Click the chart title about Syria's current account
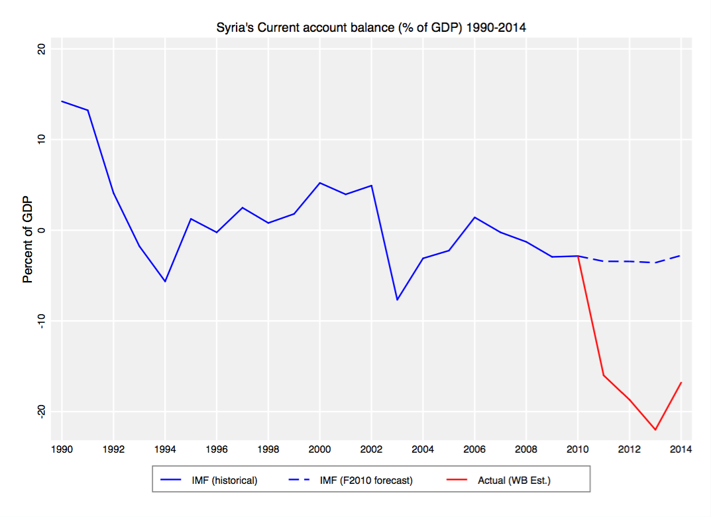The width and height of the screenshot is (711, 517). pos(371,28)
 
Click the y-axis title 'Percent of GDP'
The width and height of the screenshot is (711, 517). pos(28,239)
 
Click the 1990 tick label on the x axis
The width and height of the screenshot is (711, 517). pos(62,449)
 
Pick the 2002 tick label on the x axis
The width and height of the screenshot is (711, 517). pos(371,449)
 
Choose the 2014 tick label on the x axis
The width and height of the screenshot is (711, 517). pos(681,449)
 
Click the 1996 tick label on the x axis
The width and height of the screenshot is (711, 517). pos(217,449)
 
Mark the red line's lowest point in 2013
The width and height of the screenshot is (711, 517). pos(655,430)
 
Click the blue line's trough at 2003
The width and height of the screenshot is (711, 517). pos(397,300)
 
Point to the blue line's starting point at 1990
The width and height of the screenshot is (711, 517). pos(62,101)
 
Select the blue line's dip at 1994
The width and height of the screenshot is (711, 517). pos(165,282)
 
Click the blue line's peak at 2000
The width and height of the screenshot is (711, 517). pos(320,183)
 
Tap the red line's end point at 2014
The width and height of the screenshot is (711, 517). pos(681,382)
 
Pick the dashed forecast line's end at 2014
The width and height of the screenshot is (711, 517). pos(681,256)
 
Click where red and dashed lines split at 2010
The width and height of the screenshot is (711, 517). pos(578,256)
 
